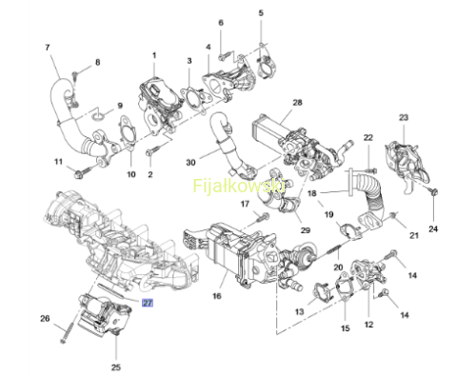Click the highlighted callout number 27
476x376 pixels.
pyautogui.click(x=148, y=303)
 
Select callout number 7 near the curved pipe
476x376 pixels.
pyautogui.click(x=48, y=48)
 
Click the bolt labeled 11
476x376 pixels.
pyautogui.click(x=80, y=172)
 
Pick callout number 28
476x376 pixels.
pyautogui.click(x=297, y=103)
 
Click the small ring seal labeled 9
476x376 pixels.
pyautogui.click(x=99, y=117)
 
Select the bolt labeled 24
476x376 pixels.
pyautogui.click(x=433, y=191)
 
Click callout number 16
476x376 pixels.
pyautogui.click(x=217, y=296)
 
